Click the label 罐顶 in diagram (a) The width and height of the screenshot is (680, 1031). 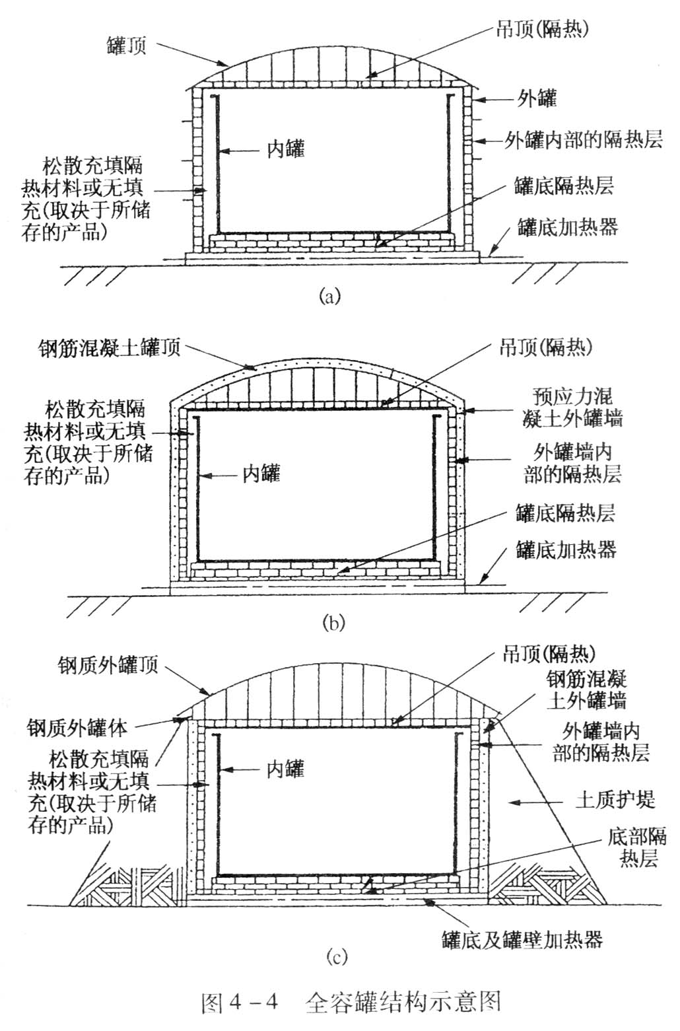[126, 46]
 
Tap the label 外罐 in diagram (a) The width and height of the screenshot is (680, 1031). [535, 98]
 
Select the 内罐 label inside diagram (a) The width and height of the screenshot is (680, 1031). [285, 149]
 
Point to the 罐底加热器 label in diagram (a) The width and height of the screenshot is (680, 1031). [567, 227]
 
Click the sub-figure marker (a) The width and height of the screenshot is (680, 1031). [329, 295]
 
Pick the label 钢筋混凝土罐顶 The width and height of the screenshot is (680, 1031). [110, 347]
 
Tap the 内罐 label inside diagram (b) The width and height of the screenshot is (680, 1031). [261, 473]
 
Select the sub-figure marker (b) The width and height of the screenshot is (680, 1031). [333, 622]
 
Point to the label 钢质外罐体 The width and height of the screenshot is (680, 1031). [77, 728]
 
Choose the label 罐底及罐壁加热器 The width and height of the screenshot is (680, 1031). [522, 939]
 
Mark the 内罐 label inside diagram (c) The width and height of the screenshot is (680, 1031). [285, 769]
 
